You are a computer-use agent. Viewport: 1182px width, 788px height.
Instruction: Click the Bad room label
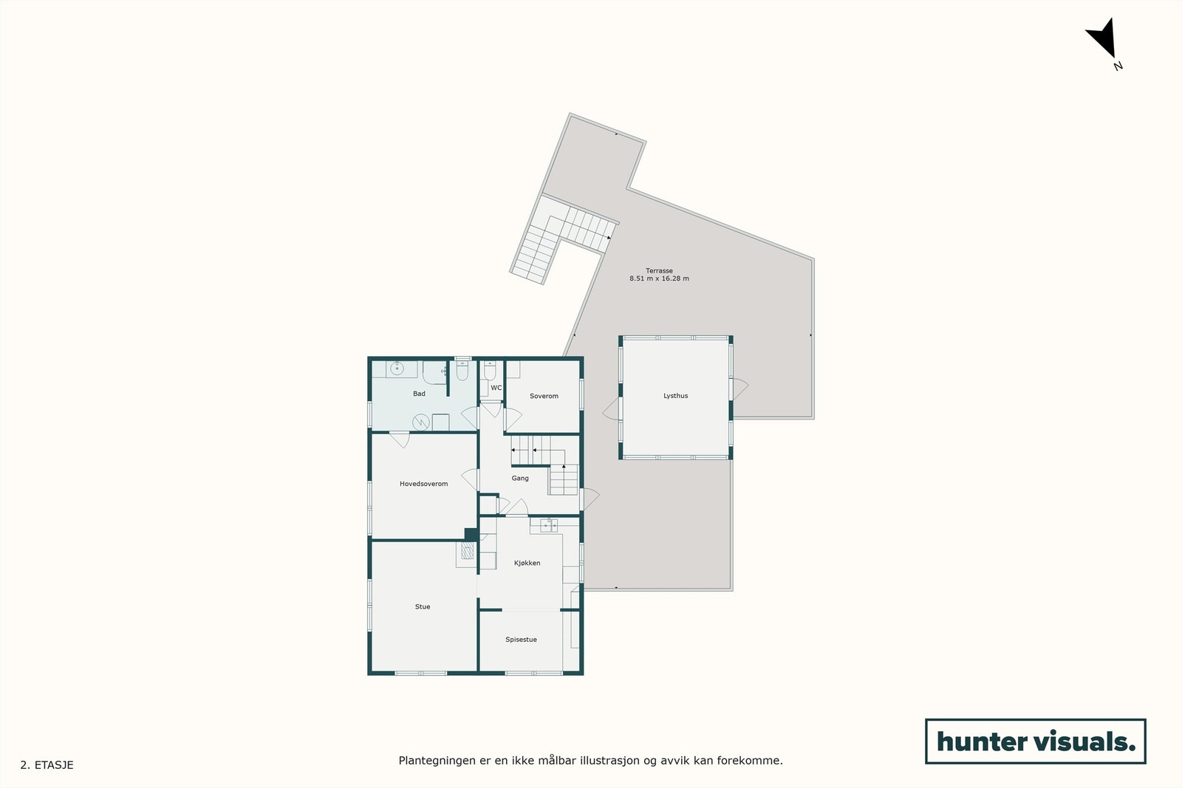tap(419, 394)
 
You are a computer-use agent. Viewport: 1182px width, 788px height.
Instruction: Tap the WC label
tap(496, 388)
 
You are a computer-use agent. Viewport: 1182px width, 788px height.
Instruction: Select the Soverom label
tap(544, 396)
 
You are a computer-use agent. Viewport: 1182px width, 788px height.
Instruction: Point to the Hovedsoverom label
tap(423, 484)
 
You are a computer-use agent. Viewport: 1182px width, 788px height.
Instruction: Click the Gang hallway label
tap(520, 478)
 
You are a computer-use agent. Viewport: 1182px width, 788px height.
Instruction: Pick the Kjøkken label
tap(527, 563)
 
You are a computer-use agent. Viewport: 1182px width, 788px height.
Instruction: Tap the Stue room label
tap(423, 606)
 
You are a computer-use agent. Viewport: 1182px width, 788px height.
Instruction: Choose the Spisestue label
tap(521, 640)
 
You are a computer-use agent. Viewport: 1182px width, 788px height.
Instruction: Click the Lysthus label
tap(675, 396)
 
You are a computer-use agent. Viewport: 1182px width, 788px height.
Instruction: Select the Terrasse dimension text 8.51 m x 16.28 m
tap(659, 279)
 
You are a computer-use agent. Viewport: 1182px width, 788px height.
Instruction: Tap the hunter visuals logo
tap(1035, 741)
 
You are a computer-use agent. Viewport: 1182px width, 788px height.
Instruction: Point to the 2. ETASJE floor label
tap(47, 765)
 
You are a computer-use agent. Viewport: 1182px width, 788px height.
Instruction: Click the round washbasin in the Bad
tap(397, 368)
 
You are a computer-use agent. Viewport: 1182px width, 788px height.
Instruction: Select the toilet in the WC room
tap(490, 371)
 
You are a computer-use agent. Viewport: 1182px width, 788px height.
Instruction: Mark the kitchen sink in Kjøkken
tap(548, 525)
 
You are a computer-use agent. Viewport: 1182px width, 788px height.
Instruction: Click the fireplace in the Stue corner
tap(467, 552)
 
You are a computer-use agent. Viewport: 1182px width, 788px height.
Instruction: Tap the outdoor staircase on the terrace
tap(561, 236)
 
